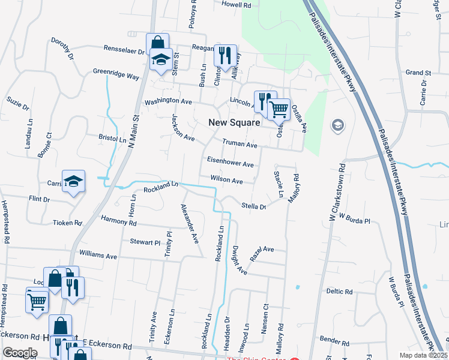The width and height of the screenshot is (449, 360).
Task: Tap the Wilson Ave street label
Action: [226, 180]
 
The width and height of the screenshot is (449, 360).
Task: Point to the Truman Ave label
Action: [240, 145]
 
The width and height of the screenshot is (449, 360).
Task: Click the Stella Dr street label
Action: [253, 206]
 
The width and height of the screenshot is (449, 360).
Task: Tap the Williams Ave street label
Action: [98, 256]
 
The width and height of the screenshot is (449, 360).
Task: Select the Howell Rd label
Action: [237, 4]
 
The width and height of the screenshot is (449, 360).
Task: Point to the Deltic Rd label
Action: [339, 291]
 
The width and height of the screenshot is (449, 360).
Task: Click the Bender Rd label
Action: [331, 340]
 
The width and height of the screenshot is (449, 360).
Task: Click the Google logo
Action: [20, 353]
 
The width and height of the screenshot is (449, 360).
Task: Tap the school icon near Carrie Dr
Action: [73, 182]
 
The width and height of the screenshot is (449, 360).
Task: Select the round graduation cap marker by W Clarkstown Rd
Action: [338, 125]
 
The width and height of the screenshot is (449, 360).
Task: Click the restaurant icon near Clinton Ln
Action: [226, 56]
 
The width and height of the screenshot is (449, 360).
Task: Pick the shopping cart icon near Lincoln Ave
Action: [279, 110]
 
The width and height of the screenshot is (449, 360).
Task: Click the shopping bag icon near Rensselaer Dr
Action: [157, 44]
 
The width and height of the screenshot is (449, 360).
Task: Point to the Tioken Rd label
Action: [67, 223]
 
